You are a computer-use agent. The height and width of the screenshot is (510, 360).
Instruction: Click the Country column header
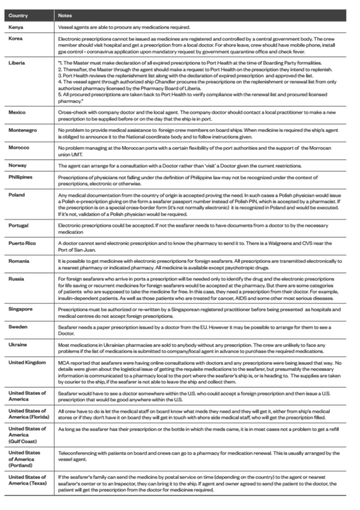click(18, 15)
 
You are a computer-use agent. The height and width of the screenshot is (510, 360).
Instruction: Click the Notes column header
click(65, 15)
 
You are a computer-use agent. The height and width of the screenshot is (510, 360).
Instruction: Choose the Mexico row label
click(17, 113)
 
